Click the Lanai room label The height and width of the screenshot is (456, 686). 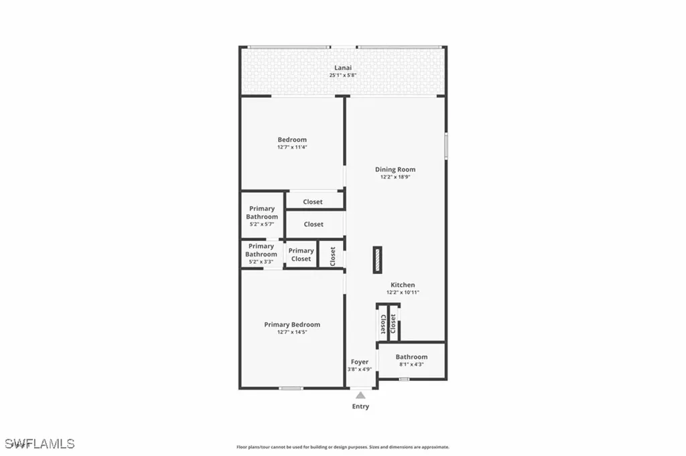point(343,68)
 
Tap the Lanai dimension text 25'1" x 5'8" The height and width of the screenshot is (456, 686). point(343,76)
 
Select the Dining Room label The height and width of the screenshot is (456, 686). point(395,169)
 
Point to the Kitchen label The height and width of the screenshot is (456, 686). point(403,285)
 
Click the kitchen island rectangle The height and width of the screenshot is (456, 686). point(378,260)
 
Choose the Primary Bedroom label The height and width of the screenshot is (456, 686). point(292,324)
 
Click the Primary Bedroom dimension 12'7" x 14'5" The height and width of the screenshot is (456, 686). point(292,332)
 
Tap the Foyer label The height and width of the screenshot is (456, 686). point(359,362)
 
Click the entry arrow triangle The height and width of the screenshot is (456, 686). point(360,395)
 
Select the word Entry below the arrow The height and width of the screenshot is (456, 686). point(360,406)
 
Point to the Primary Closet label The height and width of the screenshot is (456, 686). point(301,254)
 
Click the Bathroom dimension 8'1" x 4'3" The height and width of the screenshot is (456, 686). point(411,365)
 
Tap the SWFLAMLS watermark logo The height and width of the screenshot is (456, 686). point(40,443)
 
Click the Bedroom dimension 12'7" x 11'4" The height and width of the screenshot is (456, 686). point(292,147)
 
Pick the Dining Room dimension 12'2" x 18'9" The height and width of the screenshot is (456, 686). point(395,177)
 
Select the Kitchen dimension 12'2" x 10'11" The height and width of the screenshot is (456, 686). point(403,293)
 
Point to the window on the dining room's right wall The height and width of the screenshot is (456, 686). point(446,147)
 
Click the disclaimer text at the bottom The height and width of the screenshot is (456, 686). point(343,447)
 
